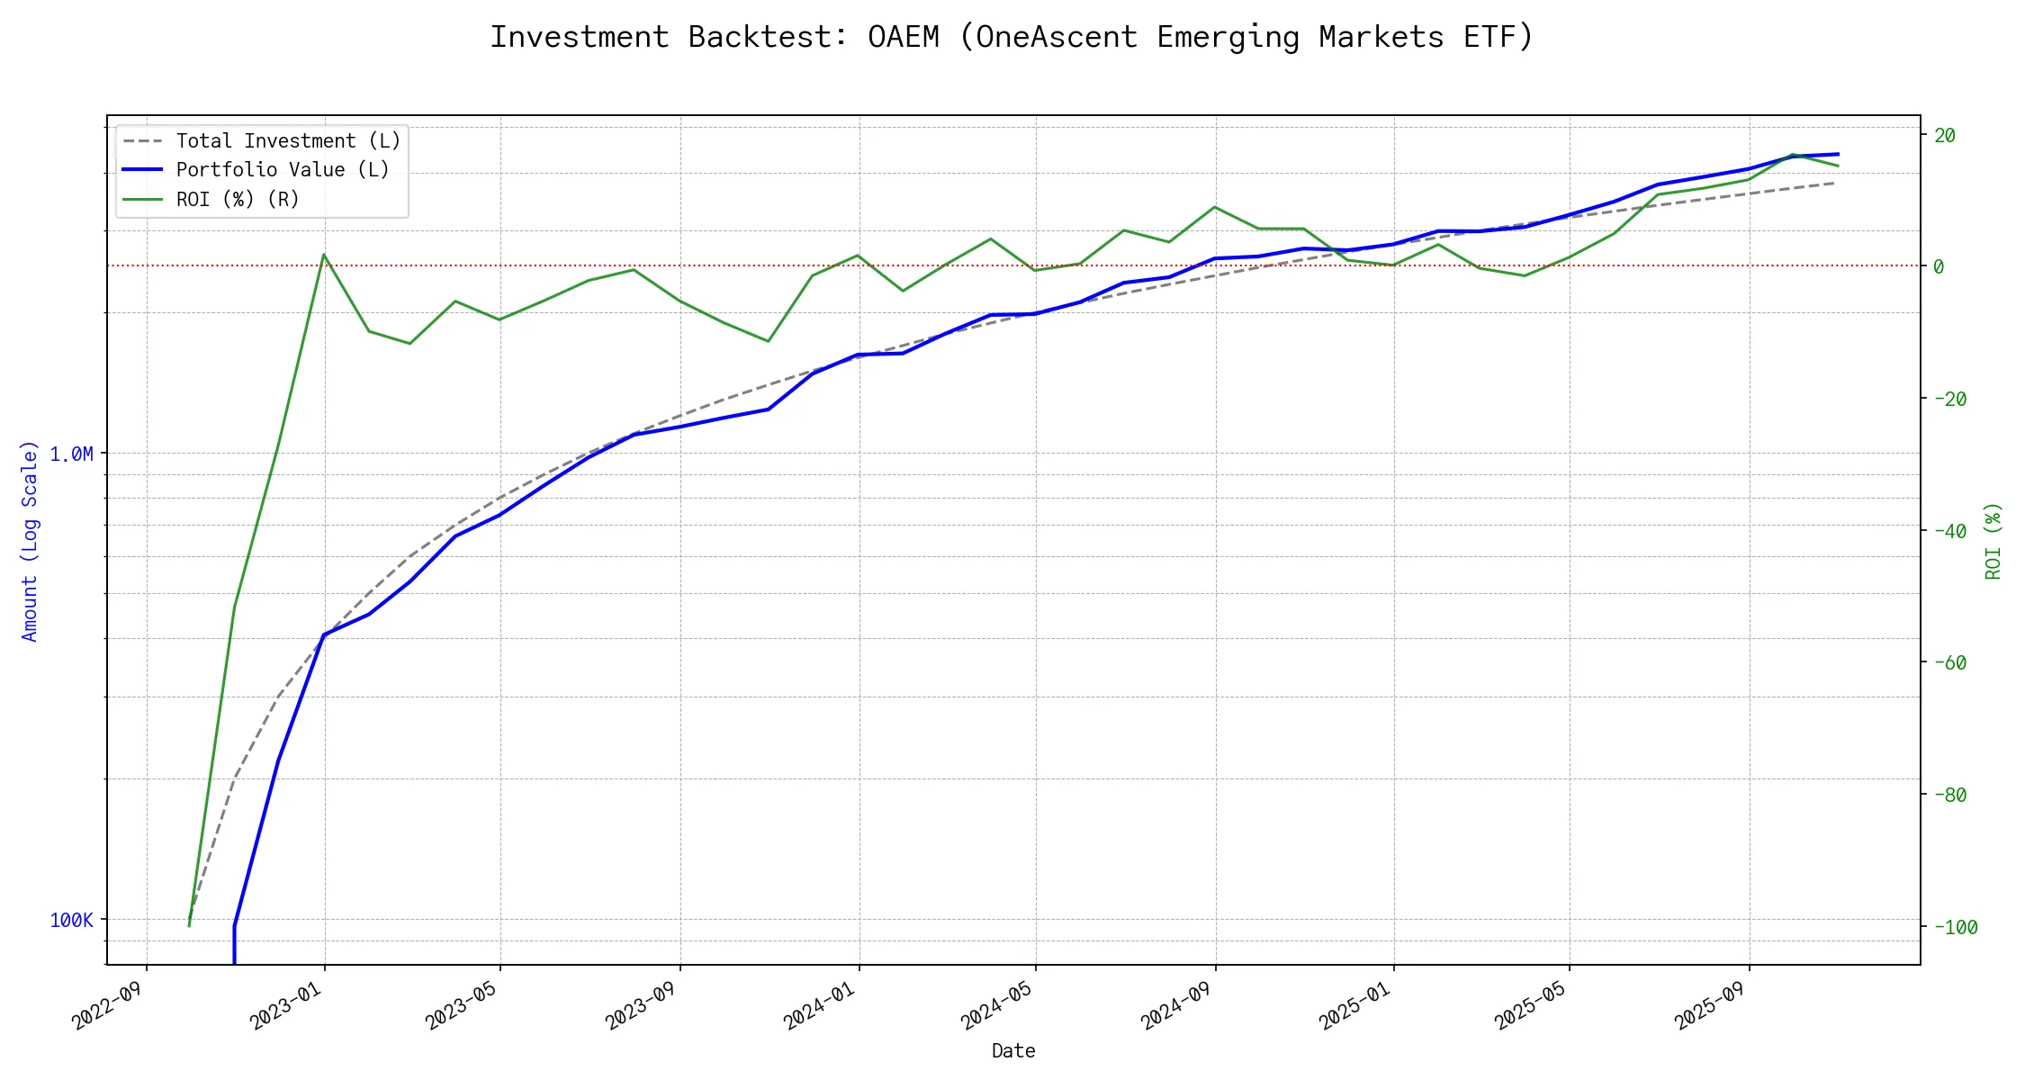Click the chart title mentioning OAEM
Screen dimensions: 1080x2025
tap(1012, 37)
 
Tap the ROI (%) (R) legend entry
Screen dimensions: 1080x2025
tap(237, 199)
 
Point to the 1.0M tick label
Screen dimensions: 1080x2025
tap(71, 454)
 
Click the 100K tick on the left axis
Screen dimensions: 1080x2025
tap(71, 920)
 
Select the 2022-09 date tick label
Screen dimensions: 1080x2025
tap(108, 1005)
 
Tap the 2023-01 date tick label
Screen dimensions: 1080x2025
tap(285, 1005)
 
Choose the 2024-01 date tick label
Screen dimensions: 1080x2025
tap(819, 1005)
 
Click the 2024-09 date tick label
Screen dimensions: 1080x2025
tap(1176, 1005)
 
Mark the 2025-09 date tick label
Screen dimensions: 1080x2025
tap(1710, 1005)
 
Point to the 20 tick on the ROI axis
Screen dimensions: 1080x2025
tap(1945, 136)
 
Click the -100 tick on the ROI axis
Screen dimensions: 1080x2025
tap(1955, 927)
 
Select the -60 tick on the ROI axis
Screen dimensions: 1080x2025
tap(1949, 663)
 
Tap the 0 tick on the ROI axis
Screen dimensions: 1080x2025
tap(1939, 266)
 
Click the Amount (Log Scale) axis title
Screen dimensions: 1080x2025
tap(30, 541)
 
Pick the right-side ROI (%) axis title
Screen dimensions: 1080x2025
tap(1993, 541)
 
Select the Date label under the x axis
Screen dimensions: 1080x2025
tap(1013, 1051)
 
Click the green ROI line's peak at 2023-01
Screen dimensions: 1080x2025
tap(324, 255)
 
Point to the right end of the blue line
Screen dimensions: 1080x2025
tap(1838, 154)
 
